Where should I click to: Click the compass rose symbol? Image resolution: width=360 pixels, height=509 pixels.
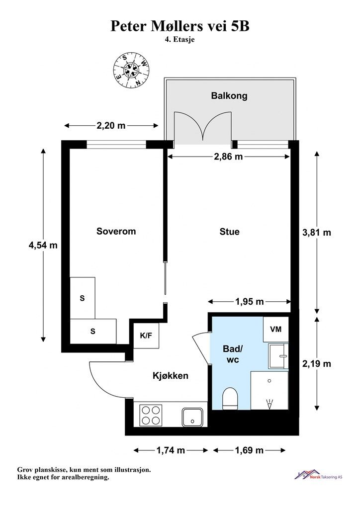(x=130, y=71)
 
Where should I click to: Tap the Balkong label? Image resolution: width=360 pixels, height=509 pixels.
(x=229, y=96)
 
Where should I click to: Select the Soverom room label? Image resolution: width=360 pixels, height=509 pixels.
(x=116, y=231)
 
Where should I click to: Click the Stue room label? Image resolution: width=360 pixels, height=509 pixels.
(x=230, y=232)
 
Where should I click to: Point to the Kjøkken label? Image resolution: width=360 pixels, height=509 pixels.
(x=171, y=376)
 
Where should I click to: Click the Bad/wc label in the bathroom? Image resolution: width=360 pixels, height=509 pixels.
(x=233, y=354)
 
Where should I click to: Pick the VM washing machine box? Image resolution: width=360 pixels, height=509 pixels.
(x=275, y=329)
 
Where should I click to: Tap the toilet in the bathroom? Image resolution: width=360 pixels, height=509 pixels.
(x=231, y=398)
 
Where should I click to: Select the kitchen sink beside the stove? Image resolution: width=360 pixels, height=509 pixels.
(x=192, y=417)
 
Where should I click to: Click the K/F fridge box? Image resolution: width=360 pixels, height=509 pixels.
(x=146, y=336)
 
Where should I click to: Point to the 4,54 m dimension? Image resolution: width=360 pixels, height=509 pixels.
(x=43, y=245)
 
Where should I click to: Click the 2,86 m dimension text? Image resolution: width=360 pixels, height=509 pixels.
(x=228, y=157)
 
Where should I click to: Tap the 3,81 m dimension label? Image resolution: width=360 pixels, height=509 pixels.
(x=317, y=233)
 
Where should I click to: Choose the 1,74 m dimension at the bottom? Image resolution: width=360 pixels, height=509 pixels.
(x=171, y=450)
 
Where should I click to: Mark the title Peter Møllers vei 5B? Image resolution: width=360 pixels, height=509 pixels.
(x=180, y=26)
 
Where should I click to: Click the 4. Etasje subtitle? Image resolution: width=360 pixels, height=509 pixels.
(x=180, y=40)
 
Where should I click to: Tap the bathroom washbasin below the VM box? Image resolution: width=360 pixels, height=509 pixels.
(x=278, y=356)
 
